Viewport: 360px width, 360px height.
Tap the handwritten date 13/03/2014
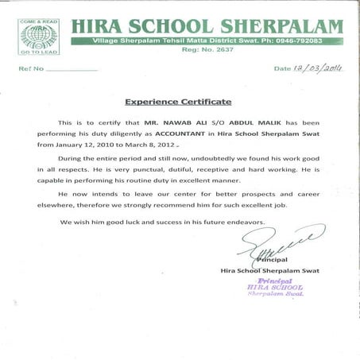pos(318,68)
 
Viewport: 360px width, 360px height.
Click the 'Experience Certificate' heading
pos(178,103)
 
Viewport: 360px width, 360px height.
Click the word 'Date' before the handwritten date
pos(282,69)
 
